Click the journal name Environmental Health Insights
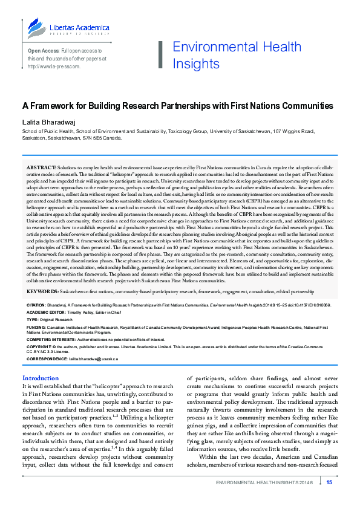click(237, 55)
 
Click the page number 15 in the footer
click(329, 482)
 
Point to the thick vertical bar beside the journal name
click(161, 55)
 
